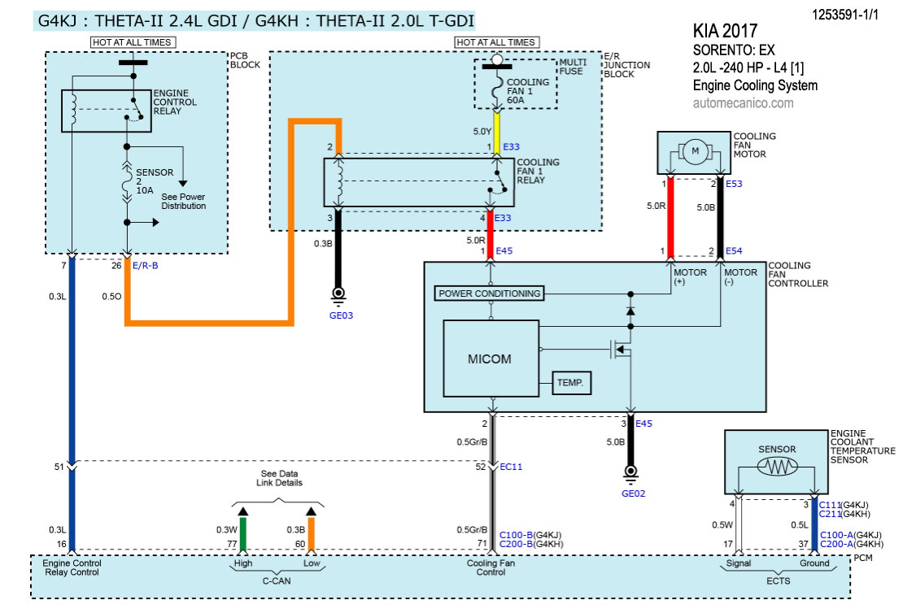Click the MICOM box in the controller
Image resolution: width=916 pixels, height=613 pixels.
click(491, 358)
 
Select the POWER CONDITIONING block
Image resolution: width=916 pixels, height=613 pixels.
click(489, 293)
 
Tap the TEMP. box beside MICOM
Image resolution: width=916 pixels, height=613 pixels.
click(570, 382)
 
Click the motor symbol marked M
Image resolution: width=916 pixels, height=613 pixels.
click(695, 151)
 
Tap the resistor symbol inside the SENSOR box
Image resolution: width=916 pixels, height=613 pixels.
click(777, 467)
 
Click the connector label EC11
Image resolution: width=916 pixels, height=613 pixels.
click(511, 467)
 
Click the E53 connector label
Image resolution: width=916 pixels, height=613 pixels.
click(734, 185)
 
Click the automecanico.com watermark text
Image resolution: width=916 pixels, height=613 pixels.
click(743, 103)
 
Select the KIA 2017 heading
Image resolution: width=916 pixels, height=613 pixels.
click(725, 32)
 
